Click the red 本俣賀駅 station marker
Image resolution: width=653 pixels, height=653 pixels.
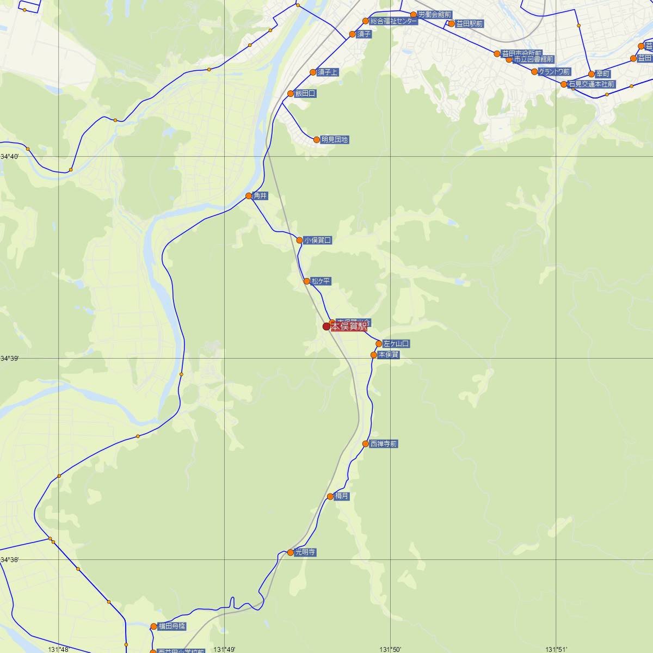point(326,326)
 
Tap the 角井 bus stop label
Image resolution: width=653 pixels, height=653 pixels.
point(261,196)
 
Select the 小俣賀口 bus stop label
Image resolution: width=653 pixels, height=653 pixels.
point(317,240)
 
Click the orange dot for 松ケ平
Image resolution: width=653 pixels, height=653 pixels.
point(307,281)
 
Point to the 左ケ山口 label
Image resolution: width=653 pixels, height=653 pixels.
point(396,344)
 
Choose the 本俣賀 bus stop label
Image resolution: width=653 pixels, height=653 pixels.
point(389,355)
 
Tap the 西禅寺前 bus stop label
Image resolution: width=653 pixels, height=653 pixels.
point(384,444)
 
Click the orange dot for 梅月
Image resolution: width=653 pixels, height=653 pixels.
point(330,496)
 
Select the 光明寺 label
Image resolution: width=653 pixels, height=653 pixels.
point(305,552)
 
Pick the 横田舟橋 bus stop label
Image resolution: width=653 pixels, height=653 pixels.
point(171,626)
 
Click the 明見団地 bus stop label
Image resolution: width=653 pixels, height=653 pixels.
point(334,140)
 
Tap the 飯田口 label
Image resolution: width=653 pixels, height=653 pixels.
point(305,94)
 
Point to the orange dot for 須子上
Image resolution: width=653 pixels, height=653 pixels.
point(313,72)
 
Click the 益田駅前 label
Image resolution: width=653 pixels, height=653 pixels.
point(469,24)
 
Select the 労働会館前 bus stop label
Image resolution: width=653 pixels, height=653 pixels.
point(435,15)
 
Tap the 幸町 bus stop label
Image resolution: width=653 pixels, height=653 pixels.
point(602,73)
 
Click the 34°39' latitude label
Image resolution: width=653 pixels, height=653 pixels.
point(10,359)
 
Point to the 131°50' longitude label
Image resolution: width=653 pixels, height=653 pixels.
point(391,649)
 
